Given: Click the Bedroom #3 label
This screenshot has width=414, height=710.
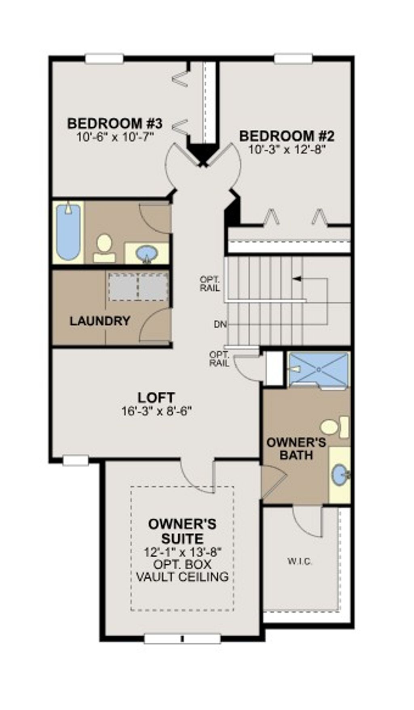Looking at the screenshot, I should (x=115, y=123).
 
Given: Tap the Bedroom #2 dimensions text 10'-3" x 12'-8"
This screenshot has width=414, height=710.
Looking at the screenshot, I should (x=287, y=150).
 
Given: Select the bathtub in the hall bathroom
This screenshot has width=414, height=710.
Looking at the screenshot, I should (x=68, y=232).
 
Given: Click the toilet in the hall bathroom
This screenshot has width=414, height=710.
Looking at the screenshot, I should (x=104, y=248).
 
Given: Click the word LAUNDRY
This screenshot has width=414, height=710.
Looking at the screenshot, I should (x=100, y=321).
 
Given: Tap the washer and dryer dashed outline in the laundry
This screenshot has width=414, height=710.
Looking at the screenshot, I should (x=138, y=287).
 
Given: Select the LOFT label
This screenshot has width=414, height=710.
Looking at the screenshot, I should (x=156, y=397).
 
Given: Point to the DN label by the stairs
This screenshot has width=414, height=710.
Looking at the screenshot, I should (x=220, y=324).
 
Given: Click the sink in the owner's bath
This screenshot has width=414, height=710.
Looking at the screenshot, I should (x=340, y=475).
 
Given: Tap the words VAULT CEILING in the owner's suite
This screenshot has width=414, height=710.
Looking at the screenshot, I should (x=182, y=577).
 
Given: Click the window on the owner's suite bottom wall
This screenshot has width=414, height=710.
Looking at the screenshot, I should (x=182, y=639).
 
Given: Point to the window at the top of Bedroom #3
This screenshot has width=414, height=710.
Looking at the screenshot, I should (x=104, y=59).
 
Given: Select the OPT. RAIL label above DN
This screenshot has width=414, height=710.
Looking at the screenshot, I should (x=210, y=284).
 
